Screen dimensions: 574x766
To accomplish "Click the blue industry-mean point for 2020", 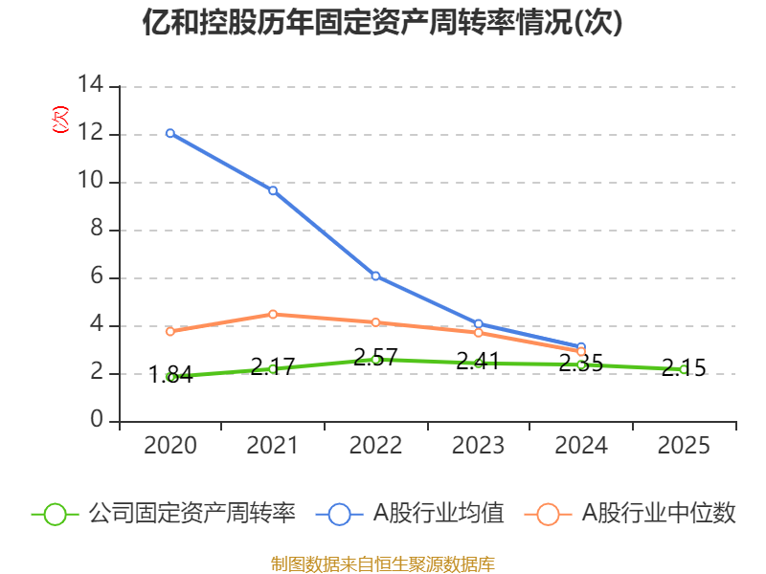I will tap(170, 133).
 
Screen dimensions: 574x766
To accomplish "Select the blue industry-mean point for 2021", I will tap(273, 190).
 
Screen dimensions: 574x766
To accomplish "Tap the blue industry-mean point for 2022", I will tap(375, 276).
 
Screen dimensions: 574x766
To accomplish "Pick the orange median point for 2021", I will tap(273, 314).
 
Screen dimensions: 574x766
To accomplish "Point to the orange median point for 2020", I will tap(170, 331).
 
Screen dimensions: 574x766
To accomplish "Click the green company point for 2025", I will tap(683, 369).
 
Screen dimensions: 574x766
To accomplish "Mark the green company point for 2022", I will tap(375, 360).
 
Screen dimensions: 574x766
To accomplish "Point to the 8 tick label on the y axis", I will tap(97, 230).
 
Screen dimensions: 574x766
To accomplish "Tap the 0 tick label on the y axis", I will tap(97, 421).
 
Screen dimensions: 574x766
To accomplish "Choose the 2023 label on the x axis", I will tap(478, 446).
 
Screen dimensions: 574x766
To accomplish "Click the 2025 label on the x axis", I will tap(683, 446).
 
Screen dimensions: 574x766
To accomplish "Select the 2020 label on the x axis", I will tap(170, 446).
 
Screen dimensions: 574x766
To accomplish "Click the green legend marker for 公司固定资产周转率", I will tap(56, 514).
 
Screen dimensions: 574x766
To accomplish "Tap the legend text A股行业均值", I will tap(438, 514).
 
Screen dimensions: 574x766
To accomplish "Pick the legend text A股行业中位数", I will tap(660, 514).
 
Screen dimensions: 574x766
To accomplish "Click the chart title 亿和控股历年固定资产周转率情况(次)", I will tap(383, 22).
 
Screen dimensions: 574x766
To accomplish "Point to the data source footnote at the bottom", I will tap(383, 563).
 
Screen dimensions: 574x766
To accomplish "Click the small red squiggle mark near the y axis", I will tap(60, 120).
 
